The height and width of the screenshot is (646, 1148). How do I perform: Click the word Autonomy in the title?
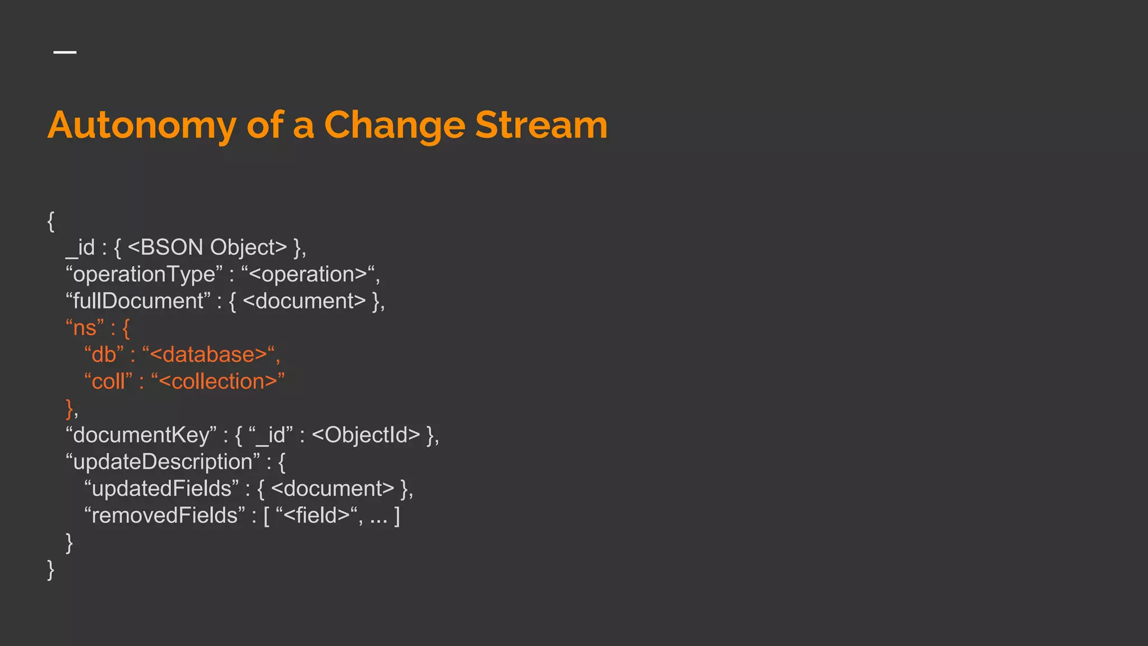click(x=142, y=126)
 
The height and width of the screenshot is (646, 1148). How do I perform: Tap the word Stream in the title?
click(x=541, y=124)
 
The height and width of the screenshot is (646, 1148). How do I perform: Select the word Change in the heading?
click(x=395, y=126)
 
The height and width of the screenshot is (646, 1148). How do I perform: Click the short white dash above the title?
click(x=65, y=52)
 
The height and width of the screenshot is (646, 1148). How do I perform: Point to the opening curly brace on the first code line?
click(x=51, y=221)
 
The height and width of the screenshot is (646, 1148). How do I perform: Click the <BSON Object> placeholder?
click(x=207, y=247)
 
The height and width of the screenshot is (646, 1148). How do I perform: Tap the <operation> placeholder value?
click(x=308, y=274)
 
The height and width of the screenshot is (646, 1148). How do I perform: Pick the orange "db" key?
click(x=104, y=354)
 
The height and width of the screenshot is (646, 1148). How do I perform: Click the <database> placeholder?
click(x=208, y=354)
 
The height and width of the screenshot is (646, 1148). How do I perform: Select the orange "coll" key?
click(x=108, y=381)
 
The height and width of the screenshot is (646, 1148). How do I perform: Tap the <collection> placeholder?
click(x=218, y=381)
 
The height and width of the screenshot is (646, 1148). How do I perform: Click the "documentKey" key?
click(x=141, y=435)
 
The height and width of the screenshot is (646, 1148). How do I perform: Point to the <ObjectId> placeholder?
click(x=365, y=435)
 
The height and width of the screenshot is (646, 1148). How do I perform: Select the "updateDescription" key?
click(x=163, y=462)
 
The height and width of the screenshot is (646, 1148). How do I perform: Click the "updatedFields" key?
click(x=161, y=488)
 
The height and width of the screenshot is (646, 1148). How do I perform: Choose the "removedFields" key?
click(x=165, y=515)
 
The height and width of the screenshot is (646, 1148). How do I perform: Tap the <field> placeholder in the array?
click(x=317, y=515)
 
